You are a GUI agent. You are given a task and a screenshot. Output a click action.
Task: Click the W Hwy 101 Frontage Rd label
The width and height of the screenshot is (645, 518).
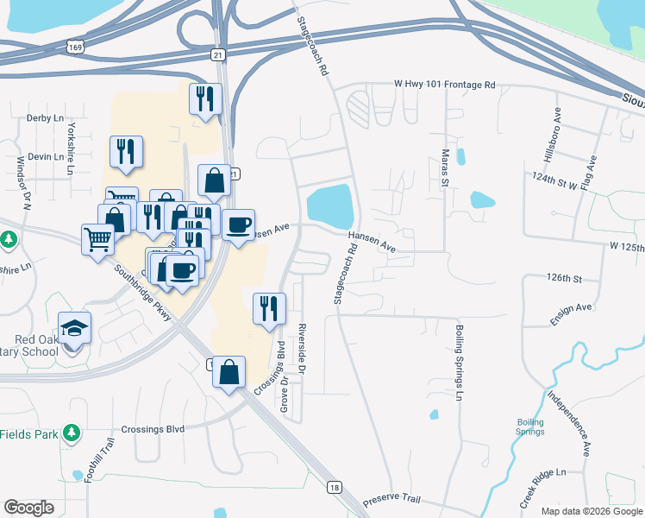444,85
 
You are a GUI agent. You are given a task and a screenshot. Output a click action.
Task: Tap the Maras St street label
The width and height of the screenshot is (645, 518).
446,161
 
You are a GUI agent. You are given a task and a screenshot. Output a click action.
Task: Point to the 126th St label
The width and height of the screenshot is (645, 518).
565,278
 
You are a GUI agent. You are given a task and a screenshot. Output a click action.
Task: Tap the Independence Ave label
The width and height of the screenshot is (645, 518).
571,423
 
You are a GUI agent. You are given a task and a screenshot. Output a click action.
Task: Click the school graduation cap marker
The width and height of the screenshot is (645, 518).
74,328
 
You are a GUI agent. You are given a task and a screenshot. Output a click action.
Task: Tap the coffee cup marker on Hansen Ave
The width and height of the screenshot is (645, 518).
238,225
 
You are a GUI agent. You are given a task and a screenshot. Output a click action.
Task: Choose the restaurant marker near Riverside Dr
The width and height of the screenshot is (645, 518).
269,308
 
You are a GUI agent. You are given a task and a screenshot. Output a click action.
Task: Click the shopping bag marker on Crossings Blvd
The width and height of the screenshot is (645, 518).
229,373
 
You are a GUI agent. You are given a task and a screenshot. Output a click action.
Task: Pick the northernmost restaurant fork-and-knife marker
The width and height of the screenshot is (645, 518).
204,98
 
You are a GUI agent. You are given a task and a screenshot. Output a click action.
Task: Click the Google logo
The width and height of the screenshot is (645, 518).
28,508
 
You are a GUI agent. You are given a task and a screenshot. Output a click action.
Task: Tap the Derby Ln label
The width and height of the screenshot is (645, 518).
46,117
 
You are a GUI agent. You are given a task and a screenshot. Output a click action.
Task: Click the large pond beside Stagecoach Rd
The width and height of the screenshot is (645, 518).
330,206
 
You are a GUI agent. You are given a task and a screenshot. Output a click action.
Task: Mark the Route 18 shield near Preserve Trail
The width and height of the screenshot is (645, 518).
335,489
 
